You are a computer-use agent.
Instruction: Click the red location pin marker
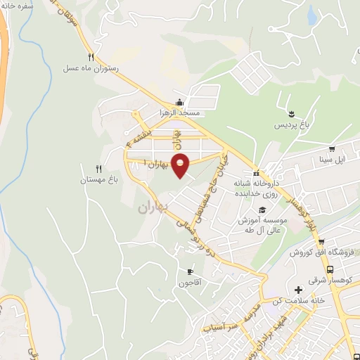click(x=180, y=165)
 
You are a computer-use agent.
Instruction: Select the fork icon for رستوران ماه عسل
click(x=91, y=57)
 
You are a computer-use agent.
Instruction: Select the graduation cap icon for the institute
click(x=262, y=210)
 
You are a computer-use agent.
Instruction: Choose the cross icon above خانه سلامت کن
click(x=298, y=290)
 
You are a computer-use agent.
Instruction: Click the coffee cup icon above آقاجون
click(x=189, y=271)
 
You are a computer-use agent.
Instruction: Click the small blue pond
click(x=311, y=12)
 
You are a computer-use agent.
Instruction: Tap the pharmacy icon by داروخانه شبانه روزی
click(x=257, y=174)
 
